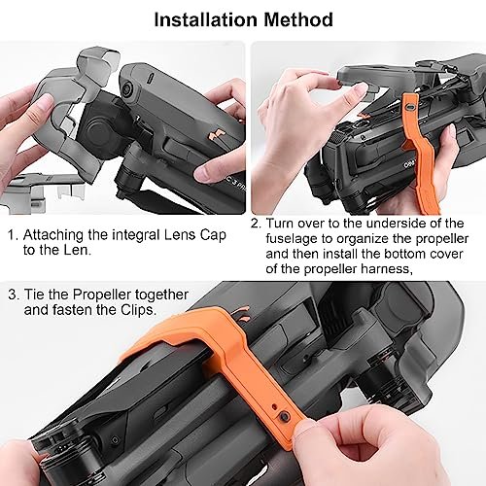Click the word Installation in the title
[205, 18]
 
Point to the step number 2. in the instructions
[255, 224]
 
